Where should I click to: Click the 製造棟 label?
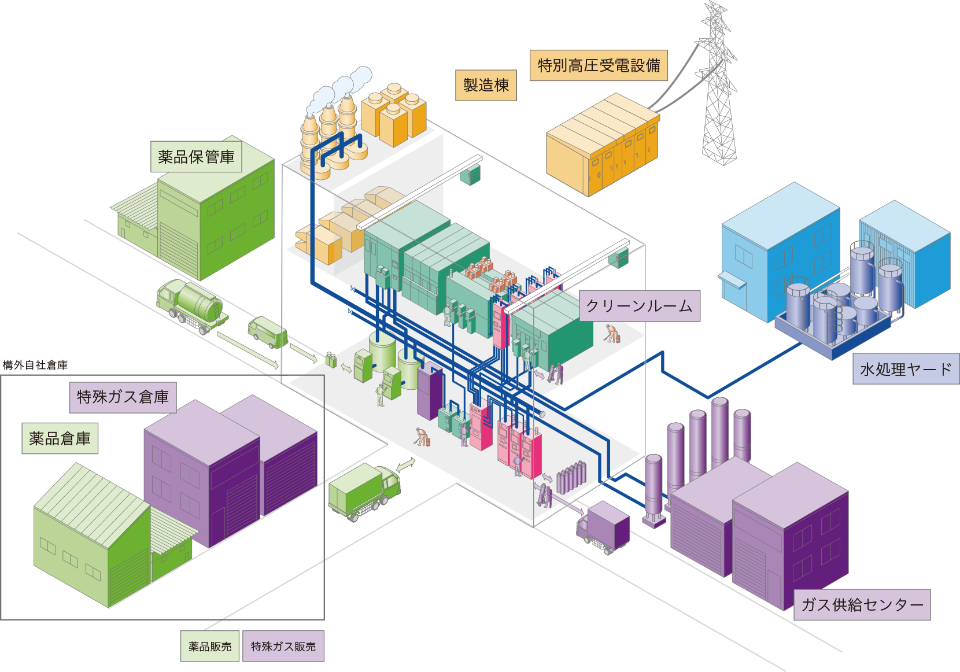point(486,85)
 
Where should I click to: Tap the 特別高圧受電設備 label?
point(599,65)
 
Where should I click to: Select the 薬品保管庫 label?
point(196,156)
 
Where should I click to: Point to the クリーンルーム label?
point(639,306)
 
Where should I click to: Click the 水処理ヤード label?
point(905,369)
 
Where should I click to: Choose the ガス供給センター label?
point(862,605)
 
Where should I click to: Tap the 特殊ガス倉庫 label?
point(123,397)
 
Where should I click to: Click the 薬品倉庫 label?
point(60,438)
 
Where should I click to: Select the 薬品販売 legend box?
point(210,646)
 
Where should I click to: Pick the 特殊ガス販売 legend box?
point(283,646)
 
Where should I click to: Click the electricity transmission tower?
point(719,87)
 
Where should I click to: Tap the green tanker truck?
point(191,305)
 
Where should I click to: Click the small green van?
point(267,332)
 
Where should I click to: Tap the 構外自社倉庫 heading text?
point(35,365)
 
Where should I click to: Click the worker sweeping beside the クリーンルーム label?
point(612,334)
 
